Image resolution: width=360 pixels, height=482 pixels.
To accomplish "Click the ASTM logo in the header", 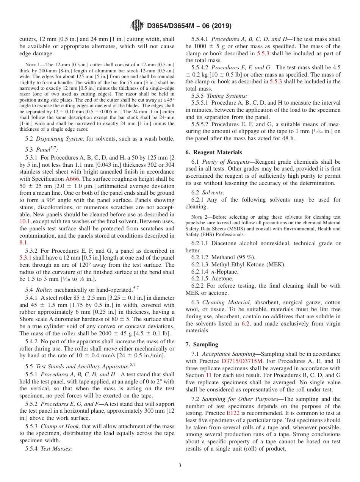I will tap(137, 26).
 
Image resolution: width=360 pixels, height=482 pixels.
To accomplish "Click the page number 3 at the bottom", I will tap(180, 465).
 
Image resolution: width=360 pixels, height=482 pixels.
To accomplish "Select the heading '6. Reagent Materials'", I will tap(214, 152).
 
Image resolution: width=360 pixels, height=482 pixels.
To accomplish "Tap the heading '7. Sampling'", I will tap(202, 344).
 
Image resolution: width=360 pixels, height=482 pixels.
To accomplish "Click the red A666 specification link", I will tap(73, 178).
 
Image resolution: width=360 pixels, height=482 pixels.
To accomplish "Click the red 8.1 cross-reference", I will tap(23, 242).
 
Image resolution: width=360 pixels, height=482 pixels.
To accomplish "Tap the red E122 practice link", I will tap(233, 413).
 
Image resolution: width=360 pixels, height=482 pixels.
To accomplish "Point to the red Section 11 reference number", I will tap(208, 375).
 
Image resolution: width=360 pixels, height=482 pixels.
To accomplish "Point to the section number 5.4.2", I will tap(33, 342).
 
